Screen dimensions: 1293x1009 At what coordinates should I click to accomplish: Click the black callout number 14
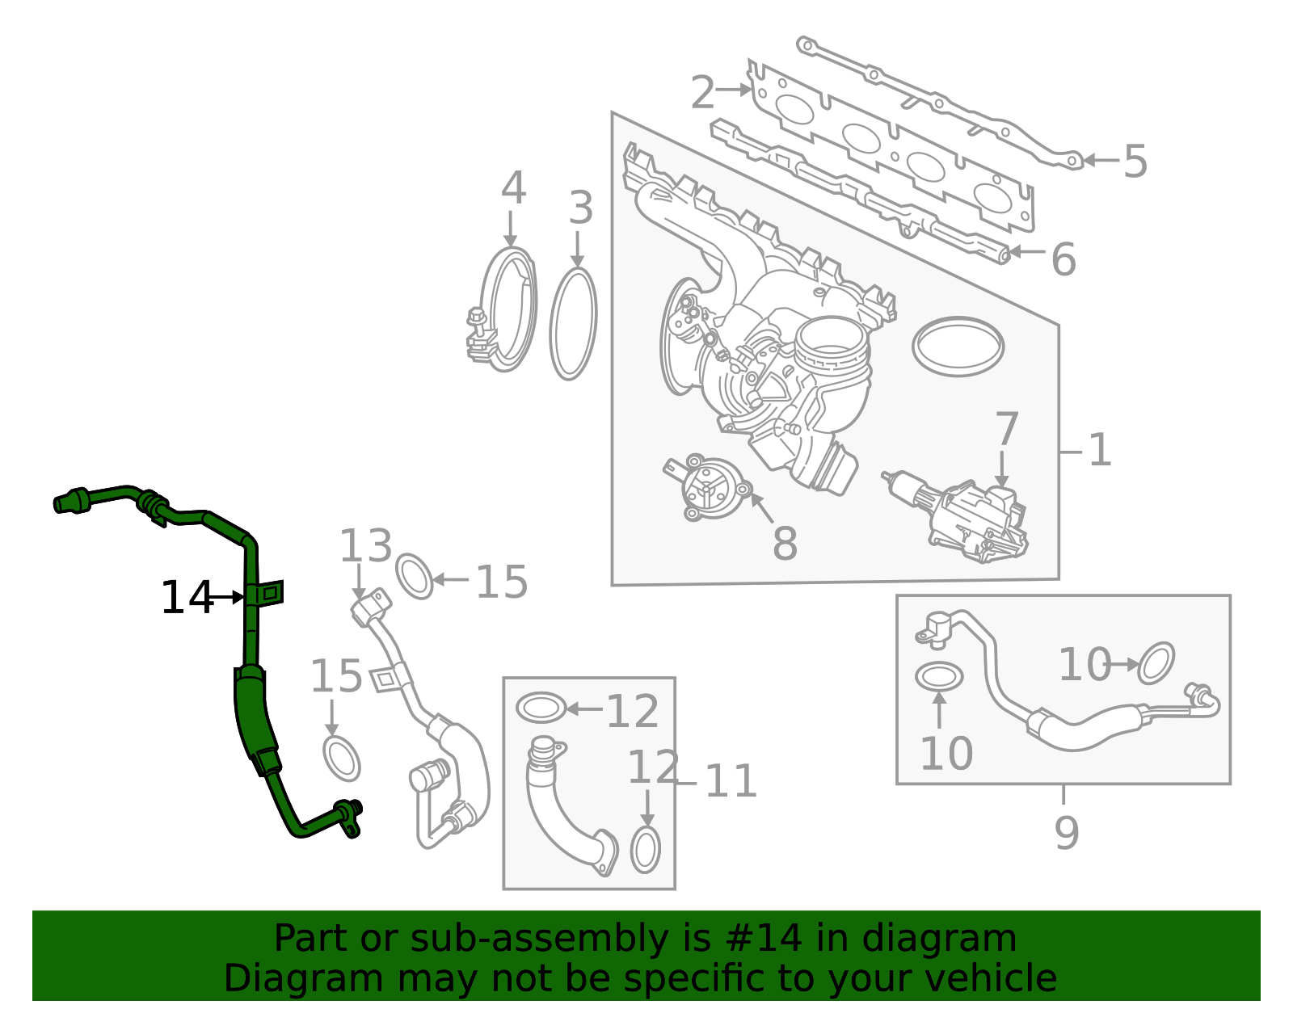click(x=187, y=597)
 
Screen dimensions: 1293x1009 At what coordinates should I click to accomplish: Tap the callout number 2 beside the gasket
click(x=703, y=93)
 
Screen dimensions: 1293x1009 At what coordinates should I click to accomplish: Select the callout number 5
click(x=1135, y=161)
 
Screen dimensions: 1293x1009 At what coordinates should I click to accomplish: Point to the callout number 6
click(x=1064, y=259)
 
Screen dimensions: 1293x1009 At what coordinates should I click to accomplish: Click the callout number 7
click(x=1007, y=429)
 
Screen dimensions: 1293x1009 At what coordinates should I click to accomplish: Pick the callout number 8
click(x=785, y=543)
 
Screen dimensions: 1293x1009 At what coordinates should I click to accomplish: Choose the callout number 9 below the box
click(x=1067, y=833)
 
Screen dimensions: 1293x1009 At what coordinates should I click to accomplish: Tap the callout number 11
click(x=731, y=780)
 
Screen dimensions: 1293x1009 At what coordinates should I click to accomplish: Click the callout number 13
click(x=366, y=546)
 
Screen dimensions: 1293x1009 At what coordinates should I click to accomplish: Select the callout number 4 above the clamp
click(x=513, y=188)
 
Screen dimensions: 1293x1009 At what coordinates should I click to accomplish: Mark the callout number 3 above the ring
click(x=581, y=208)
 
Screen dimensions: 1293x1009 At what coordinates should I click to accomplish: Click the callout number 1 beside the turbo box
click(x=1100, y=450)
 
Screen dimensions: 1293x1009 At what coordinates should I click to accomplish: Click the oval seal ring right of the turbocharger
click(x=958, y=347)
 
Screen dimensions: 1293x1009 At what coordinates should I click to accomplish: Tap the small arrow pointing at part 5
click(x=1101, y=160)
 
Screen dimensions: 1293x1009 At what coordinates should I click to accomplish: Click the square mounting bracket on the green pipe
click(x=272, y=593)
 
